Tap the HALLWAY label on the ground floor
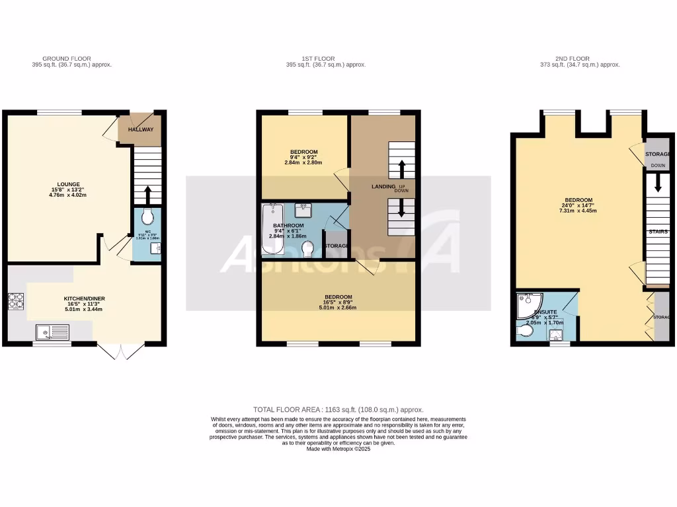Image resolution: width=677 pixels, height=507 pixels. click(140, 129)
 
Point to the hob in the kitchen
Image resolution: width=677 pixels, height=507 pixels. click(15, 301)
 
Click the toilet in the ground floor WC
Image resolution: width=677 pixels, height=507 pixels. click(147, 216)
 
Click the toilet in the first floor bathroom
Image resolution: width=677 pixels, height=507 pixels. click(307, 250)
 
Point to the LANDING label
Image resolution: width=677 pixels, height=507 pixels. click(383, 187)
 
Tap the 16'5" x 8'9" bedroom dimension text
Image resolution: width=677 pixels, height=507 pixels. click(338, 304)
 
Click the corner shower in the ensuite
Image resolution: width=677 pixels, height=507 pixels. click(528, 306)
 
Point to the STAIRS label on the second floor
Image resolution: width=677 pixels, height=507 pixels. click(658, 232)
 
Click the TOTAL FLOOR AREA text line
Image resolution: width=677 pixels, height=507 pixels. click(338, 410)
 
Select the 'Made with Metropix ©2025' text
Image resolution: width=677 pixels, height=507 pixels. click(338, 449)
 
